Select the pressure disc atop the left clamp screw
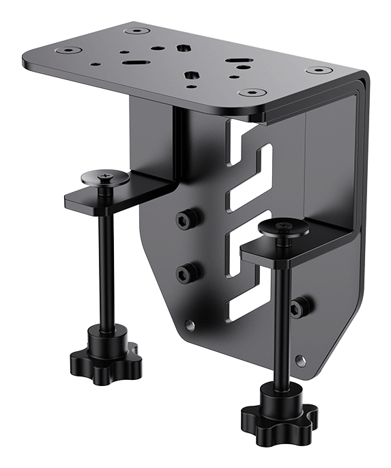point(105,178)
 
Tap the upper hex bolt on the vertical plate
point(186,219)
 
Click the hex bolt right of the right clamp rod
point(298,307)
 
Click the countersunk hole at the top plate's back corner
point(137,30)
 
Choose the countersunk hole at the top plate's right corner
point(317,70)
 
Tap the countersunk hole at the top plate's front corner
point(252,92)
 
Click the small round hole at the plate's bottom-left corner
point(190,325)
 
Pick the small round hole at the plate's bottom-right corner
point(301,359)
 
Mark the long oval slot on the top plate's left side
point(132,62)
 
